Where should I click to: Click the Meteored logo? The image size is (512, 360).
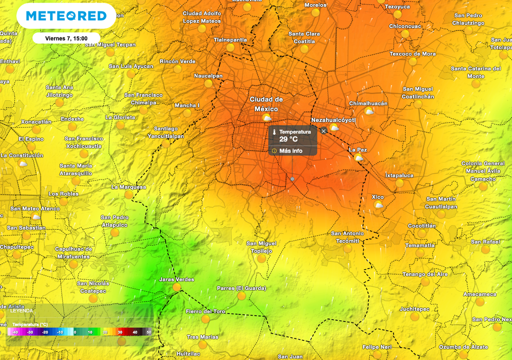click(66, 16)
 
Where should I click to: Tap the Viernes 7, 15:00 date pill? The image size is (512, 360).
click(66, 38)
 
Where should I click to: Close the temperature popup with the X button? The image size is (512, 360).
click(323, 130)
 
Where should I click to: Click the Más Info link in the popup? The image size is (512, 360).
click(290, 150)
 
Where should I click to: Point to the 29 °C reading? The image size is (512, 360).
click(288, 139)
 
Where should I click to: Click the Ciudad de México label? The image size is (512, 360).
click(266, 104)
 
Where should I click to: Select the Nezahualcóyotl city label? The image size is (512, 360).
click(333, 120)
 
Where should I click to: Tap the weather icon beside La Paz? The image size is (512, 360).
click(358, 158)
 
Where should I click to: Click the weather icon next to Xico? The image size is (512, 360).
click(378, 205)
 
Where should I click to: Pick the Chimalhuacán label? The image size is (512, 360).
click(368, 103)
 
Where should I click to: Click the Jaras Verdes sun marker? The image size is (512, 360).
click(176, 287)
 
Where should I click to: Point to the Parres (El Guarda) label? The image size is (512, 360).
click(241, 288)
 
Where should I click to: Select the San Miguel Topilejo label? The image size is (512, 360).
click(261, 247)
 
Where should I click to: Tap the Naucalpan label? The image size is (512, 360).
click(208, 76)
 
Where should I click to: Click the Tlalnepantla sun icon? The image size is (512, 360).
click(230, 47)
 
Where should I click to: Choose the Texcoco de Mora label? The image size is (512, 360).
click(412, 54)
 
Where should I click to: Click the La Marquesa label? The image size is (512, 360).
click(128, 187)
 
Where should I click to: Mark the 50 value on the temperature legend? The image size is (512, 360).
click(148, 332)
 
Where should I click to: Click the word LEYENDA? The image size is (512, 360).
click(21, 310)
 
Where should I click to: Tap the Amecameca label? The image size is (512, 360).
click(479, 294)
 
